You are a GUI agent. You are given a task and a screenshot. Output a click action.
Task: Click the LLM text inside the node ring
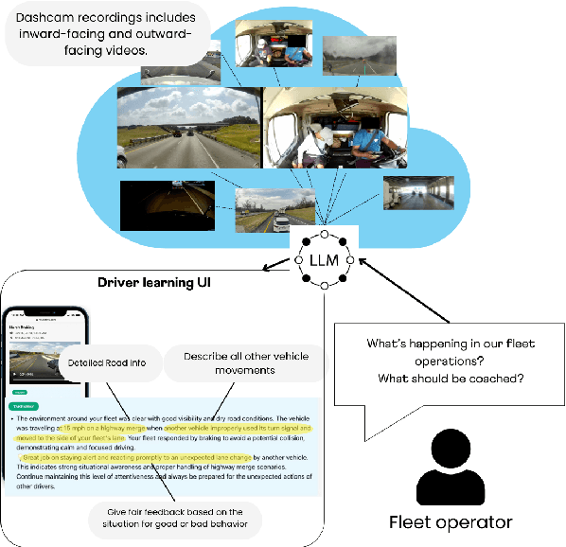[324, 258]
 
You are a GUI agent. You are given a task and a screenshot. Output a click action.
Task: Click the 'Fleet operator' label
[451, 521]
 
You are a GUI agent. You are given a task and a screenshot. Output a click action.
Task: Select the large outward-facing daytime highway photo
[188, 130]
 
